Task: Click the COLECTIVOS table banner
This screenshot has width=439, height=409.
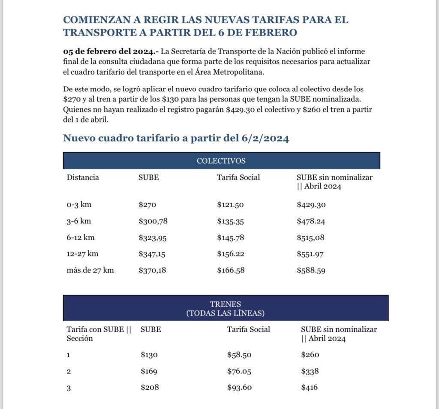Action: [x=221, y=161]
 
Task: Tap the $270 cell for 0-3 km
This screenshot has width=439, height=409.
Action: [x=148, y=205]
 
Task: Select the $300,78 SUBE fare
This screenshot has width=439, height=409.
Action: [x=152, y=222]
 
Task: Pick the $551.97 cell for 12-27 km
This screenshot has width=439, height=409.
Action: [x=310, y=254]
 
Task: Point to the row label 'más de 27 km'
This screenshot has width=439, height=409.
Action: [x=90, y=271]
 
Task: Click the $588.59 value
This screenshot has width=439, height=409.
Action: [x=311, y=271]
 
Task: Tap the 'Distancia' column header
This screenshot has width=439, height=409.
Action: [x=83, y=177]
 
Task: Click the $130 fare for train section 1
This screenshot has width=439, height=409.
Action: [x=149, y=355]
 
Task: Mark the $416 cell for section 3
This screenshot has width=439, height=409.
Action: [x=310, y=388]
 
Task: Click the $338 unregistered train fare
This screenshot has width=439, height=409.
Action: [x=310, y=371]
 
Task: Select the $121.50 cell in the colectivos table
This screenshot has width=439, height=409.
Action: [x=230, y=205]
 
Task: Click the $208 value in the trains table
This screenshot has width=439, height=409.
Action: [x=150, y=388]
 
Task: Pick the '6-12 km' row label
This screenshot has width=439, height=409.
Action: [x=80, y=238]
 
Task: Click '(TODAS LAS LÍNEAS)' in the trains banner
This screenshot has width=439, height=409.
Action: [x=226, y=313]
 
